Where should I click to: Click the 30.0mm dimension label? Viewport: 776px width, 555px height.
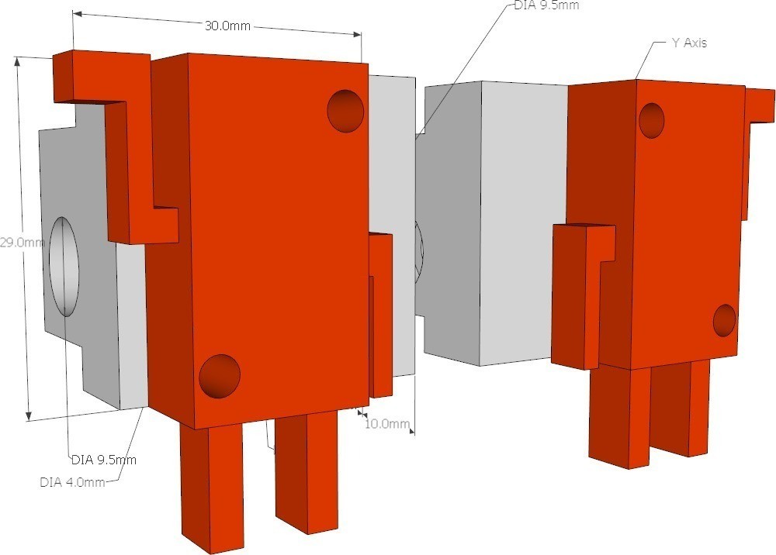227,26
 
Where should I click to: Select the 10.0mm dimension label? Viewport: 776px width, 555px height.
387,423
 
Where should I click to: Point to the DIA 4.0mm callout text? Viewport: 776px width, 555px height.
72,482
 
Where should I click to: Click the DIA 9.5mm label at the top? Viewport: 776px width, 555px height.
546,5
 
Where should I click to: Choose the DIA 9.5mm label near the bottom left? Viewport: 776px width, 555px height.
104,460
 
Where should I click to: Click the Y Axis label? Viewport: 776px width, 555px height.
689,43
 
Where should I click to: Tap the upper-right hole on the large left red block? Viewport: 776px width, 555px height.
345,111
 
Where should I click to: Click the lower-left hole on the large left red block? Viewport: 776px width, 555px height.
220,376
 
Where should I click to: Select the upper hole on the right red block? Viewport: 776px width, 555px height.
652,121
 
